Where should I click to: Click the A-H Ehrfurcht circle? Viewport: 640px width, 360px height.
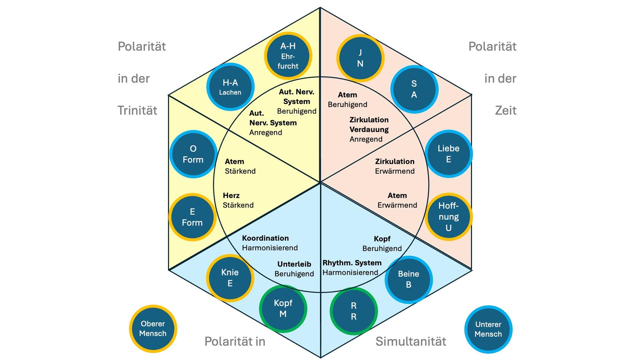(x=288, y=56)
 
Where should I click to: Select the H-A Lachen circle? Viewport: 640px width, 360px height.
(x=230, y=87)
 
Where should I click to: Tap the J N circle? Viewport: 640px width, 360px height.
(x=360, y=58)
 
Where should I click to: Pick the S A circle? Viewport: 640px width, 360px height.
(x=414, y=89)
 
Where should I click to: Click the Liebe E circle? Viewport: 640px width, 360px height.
(x=448, y=154)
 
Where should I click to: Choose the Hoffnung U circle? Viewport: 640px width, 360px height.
(x=448, y=217)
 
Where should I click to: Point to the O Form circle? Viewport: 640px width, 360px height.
(x=193, y=154)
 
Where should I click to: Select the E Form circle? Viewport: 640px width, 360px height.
(x=192, y=217)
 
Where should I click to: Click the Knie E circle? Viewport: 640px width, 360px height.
(x=230, y=278)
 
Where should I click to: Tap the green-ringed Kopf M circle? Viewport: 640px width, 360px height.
(x=283, y=309)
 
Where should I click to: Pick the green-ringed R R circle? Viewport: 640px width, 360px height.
(x=354, y=311)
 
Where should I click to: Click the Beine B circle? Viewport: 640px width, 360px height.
(x=408, y=279)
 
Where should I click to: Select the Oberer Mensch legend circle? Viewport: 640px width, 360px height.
(x=153, y=328)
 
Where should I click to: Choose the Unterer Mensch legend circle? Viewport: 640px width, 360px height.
(x=488, y=329)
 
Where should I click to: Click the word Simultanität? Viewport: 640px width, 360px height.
(x=411, y=341)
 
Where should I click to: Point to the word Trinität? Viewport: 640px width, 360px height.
(x=137, y=110)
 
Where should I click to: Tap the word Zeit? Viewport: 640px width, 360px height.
(x=506, y=110)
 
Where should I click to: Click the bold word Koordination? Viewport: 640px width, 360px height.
(x=265, y=238)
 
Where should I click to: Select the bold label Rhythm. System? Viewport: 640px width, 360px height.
(x=352, y=263)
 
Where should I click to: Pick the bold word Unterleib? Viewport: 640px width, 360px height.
(x=294, y=264)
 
